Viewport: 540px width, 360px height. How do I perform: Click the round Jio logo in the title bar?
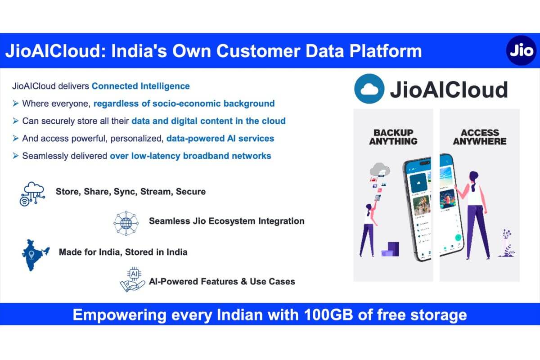(521, 51)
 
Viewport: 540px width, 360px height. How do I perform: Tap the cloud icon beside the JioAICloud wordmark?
(369, 89)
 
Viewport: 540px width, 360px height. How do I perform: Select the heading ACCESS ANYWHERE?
(479, 137)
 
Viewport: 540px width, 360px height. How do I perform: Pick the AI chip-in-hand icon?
(132, 280)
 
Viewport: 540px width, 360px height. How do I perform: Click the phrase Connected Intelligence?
(141, 86)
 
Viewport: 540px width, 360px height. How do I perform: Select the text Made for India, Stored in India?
(123, 252)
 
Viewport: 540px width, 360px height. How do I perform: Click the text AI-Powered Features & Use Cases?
(222, 282)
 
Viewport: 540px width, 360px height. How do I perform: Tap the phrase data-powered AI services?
(220, 138)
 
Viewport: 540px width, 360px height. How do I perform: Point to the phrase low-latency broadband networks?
(190, 156)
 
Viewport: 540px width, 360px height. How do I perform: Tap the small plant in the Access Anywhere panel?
(507, 243)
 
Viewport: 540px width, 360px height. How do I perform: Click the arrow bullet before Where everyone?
(16, 103)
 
